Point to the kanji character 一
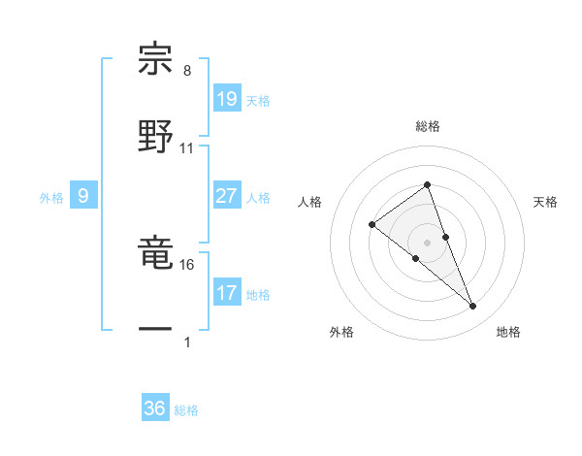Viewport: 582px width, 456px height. (156, 331)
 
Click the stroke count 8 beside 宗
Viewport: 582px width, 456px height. (187, 71)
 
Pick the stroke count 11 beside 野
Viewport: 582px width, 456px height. (187, 148)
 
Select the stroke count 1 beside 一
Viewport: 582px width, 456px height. (187, 342)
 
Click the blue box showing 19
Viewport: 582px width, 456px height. (226, 99)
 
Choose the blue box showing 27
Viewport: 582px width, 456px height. (226, 196)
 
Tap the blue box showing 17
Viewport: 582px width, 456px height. (226, 293)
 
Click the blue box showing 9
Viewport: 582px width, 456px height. (83, 196)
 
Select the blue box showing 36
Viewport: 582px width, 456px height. (155, 408)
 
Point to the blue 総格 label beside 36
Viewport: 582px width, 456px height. (186, 410)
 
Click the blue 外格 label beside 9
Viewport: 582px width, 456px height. (51, 198)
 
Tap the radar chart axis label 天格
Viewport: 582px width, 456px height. (546, 202)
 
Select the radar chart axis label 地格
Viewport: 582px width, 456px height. (508, 332)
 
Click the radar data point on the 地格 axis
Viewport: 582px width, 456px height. (473, 307)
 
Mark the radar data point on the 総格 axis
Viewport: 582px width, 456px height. (427, 184)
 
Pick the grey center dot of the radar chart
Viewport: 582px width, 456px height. (427, 242)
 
